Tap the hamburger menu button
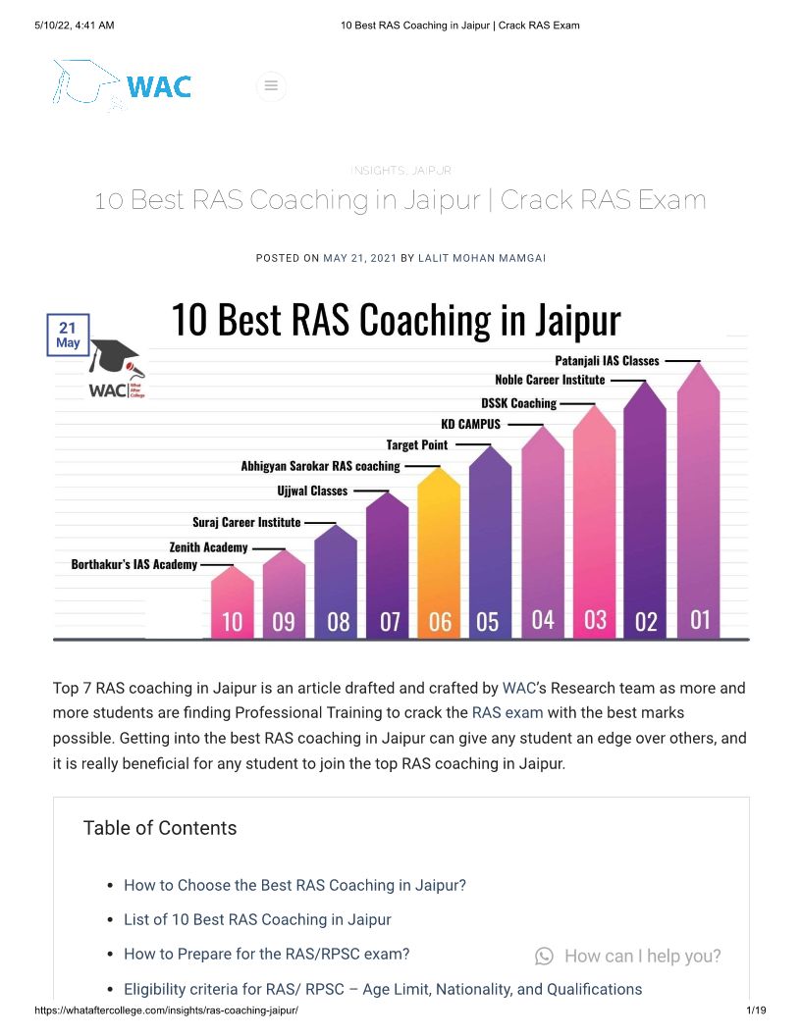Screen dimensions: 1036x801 tap(271, 86)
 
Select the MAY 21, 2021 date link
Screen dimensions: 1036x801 tap(359, 258)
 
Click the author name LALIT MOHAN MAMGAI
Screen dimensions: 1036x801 tap(482, 258)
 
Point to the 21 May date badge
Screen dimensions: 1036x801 tap(68, 335)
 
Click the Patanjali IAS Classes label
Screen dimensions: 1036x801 tap(607, 361)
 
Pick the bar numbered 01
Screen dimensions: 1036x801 tap(699, 510)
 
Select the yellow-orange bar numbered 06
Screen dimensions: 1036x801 tap(439, 559)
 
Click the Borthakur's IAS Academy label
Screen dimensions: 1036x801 tap(134, 565)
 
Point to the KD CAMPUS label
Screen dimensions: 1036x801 tap(470, 424)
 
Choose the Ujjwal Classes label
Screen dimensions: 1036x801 tap(312, 491)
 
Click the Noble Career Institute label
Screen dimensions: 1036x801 tap(550, 380)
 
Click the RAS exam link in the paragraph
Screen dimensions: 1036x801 tap(507, 713)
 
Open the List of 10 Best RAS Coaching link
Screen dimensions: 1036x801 tap(257, 919)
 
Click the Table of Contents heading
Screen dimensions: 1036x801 tap(160, 828)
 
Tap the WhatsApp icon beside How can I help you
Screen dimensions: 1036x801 tap(544, 956)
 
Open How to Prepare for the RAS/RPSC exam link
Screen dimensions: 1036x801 tap(266, 954)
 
